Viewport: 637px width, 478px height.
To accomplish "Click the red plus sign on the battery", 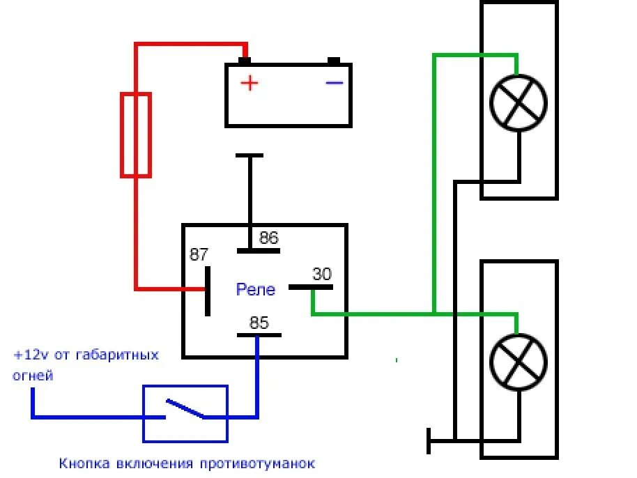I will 250,83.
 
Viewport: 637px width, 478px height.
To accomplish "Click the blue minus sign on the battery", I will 335,83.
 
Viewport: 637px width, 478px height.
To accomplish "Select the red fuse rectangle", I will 136,134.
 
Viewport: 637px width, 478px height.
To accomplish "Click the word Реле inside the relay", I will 256,289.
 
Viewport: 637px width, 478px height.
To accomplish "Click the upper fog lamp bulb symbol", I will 519,103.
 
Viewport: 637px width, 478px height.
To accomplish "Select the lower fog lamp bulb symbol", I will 519,362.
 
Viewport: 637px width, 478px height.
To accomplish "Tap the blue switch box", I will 185,413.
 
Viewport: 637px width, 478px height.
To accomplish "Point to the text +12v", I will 28,355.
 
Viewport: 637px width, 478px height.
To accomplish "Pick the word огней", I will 33,376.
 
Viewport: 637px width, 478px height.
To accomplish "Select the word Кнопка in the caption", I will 82,463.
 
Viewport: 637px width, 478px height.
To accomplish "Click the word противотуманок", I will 257,463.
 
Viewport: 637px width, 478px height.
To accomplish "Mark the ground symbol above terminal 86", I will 250,156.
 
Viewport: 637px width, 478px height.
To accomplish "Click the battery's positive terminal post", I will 245,61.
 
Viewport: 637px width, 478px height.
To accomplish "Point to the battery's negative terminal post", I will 334,61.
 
